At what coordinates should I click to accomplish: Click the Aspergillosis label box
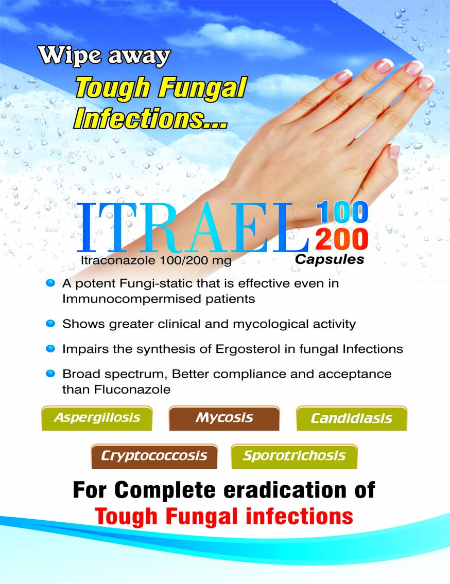[x=97, y=418]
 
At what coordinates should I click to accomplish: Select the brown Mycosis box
[x=224, y=418]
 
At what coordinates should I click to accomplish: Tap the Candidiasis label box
[x=352, y=418]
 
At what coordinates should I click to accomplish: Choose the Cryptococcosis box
[x=154, y=456]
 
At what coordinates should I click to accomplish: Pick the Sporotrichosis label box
[x=294, y=456]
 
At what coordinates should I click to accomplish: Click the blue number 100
[x=342, y=213]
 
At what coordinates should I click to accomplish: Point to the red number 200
[x=342, y=239]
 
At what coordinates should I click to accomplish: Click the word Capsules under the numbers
[x=330, y=260]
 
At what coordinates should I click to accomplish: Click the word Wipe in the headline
[x=70, y=56]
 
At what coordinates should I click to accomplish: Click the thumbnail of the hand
[x=394, y=152]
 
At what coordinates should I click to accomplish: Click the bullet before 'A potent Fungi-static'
[x=50, y=284]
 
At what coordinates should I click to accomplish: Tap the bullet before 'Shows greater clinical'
[x=50, y=324]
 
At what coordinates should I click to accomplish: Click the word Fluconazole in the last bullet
[x=132, y=390]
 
